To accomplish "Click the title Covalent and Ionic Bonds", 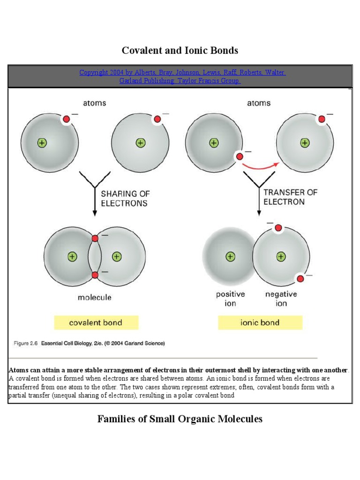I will [x=180, y=50].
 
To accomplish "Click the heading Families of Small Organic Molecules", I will [x=180, y=419].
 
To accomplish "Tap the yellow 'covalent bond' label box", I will [x=96, y=322].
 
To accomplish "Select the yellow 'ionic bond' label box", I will [x=260, y=322].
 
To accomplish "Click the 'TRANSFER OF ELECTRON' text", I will [x=290, y=197].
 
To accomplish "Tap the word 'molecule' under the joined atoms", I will [x=95, y=297].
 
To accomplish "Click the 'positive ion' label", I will [x=230, y=299].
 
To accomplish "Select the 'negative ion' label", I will [x=281, y=299].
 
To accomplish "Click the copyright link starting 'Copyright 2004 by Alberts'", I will [x=182, y=73].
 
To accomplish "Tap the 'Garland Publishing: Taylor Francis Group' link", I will [x=180, y=81].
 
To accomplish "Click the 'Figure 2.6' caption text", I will [x=89, y=343].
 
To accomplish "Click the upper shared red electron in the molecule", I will [x=95, y=239].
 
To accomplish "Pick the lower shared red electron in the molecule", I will [x=95, y=275].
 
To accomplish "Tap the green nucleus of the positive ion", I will [x=230, y=256].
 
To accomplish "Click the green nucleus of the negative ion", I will [x=281, y=256].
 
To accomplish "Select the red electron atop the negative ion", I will [x=278, y=228].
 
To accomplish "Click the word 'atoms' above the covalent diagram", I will [x=95, y=103].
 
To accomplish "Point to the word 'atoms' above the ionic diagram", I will [x=259, y=103].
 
